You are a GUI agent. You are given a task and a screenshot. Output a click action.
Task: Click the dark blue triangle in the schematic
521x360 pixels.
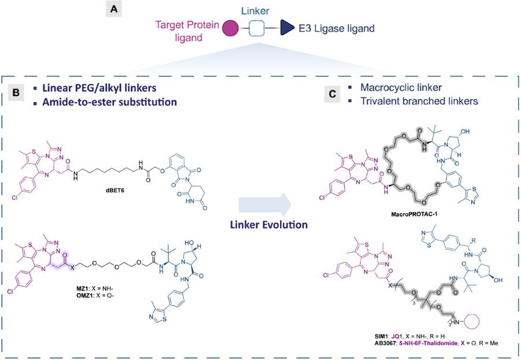click(286, 27)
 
